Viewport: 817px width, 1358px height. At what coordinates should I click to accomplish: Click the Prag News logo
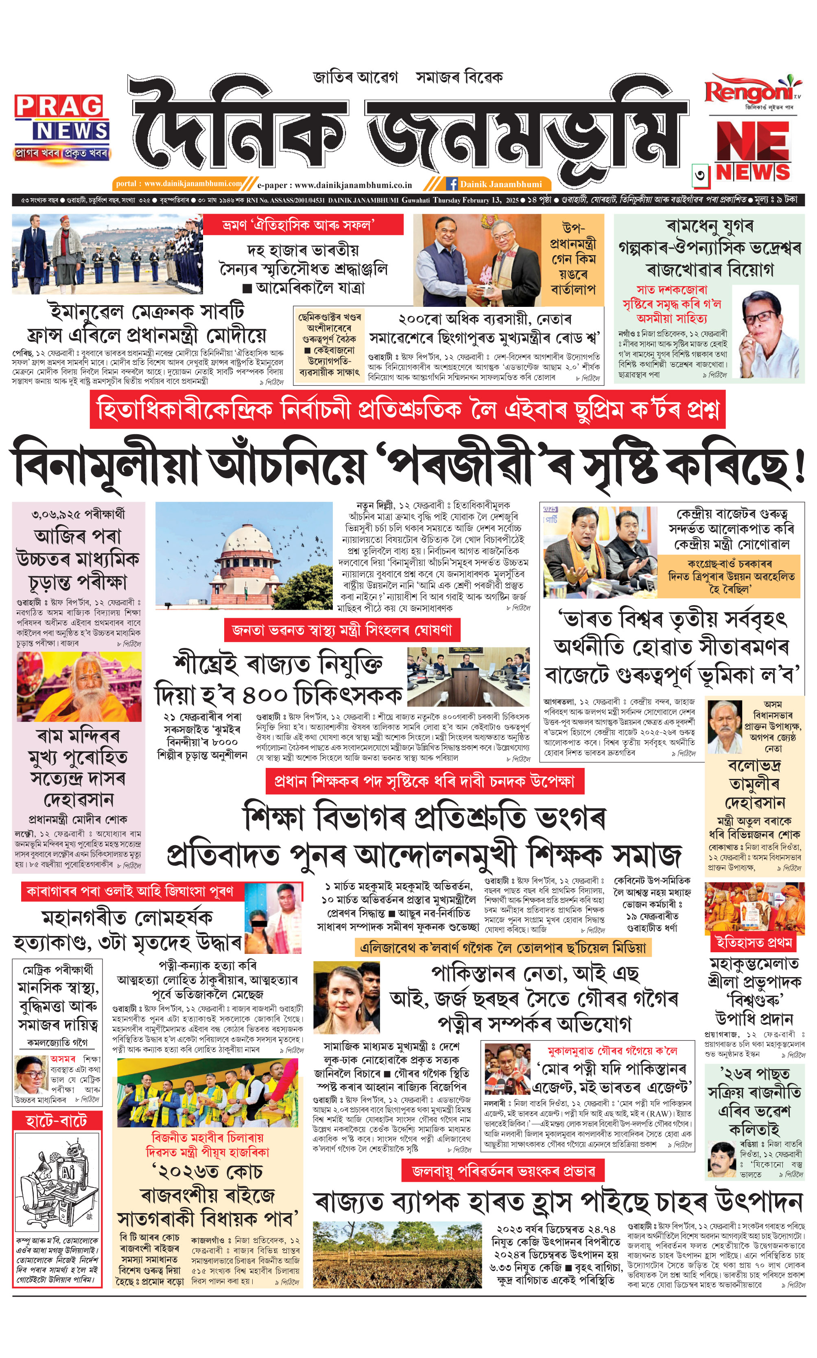coord(62,126)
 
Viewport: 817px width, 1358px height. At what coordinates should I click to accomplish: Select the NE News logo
coord(753,151)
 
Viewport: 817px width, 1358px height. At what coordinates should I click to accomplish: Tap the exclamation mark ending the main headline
coord(800,467)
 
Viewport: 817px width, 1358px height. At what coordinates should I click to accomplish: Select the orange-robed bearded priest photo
coord(79,687)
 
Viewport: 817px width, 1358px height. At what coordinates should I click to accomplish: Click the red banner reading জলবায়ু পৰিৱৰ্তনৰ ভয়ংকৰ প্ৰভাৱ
coord(502,1171)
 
